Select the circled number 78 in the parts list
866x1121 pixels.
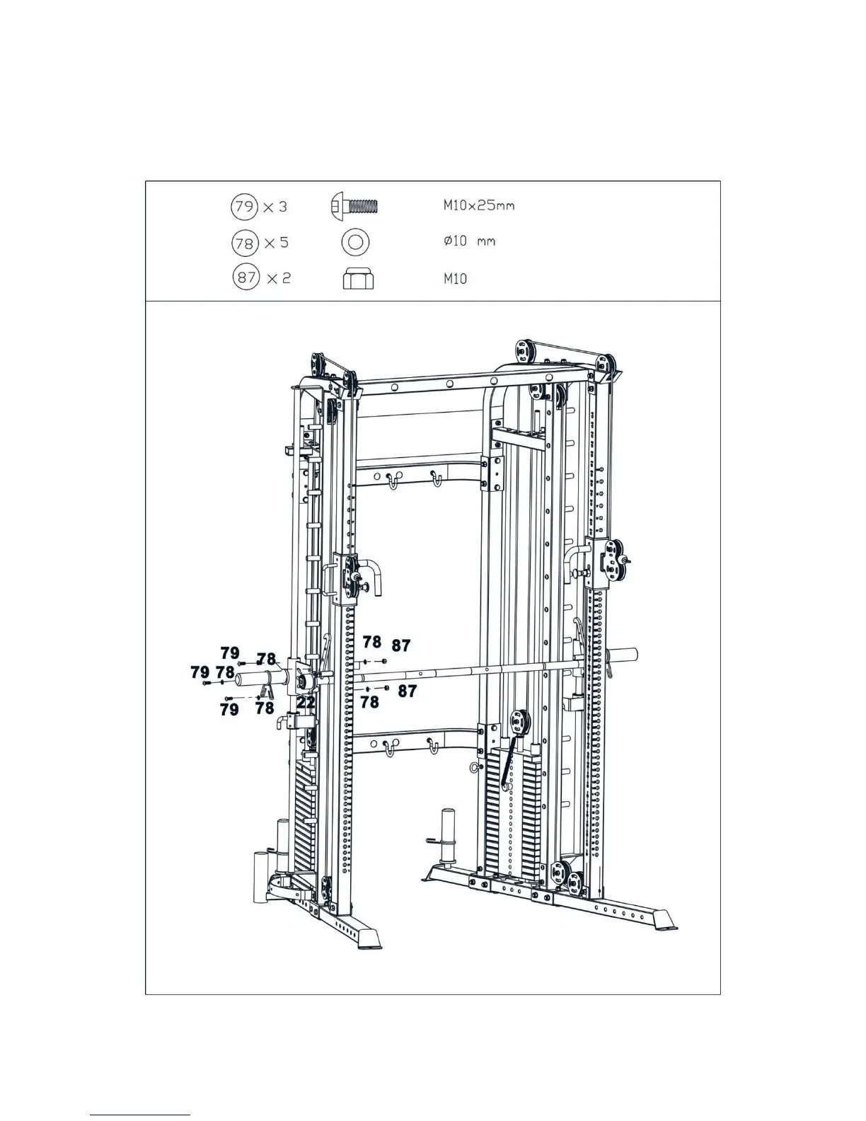(x=244, y=243)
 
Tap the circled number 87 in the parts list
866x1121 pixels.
(x=246, y=277)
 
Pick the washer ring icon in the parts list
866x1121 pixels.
(x=355, y=242)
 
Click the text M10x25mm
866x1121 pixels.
(x=478, y=206)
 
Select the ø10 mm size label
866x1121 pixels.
(x=469, y=241)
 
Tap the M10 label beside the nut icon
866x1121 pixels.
(x=455, y=279)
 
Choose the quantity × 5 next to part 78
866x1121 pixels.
(x=276, y=243)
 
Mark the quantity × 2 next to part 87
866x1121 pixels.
(x=277, y=277)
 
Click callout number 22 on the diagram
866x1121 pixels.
(x=306, y=702)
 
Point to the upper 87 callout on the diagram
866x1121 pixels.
(x=400, y=645)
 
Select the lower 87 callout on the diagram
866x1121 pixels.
(x=407, y=691)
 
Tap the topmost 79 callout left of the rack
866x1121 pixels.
(x=230, y=652)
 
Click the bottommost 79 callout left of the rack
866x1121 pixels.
(x=229, y=709)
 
